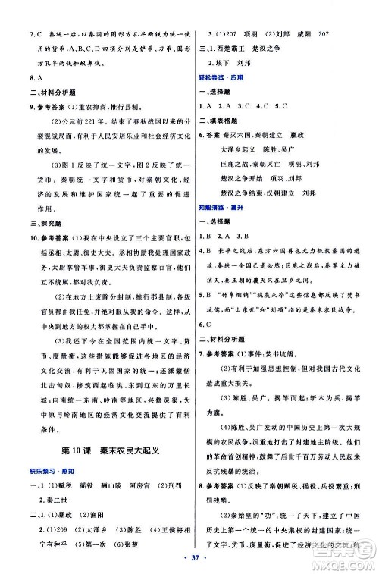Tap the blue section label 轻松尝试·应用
pos(221,77)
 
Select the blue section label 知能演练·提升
pos(221,205)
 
